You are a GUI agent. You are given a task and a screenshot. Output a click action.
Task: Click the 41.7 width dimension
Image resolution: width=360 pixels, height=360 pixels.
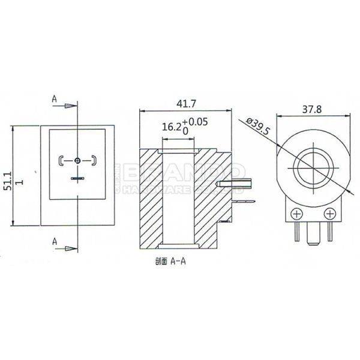pyautogui.click(x=185, y=104)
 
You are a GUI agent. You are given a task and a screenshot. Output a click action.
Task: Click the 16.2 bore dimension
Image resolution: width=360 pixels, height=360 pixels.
pyautogui.click(x=172, y=127)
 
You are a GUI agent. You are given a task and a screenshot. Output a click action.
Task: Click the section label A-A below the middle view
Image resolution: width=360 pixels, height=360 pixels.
pyautogui.click(x=171, y=262)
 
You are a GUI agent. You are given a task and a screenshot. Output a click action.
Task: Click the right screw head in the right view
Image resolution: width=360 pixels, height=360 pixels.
pyautogui.click(x=329, y=214)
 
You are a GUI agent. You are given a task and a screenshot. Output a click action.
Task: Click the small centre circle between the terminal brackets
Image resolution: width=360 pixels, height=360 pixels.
pyautogui.click(x=79, y=160)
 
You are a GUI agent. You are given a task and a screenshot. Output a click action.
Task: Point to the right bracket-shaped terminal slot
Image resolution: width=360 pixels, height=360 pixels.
pyautogui.click(x=94, y=160)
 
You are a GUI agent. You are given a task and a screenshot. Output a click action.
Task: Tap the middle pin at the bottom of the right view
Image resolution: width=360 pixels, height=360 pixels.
pyautogui.click(x=312, y=233)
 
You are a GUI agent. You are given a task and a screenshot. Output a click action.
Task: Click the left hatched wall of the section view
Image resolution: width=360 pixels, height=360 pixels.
pyautogui.click(x=152, y=198)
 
